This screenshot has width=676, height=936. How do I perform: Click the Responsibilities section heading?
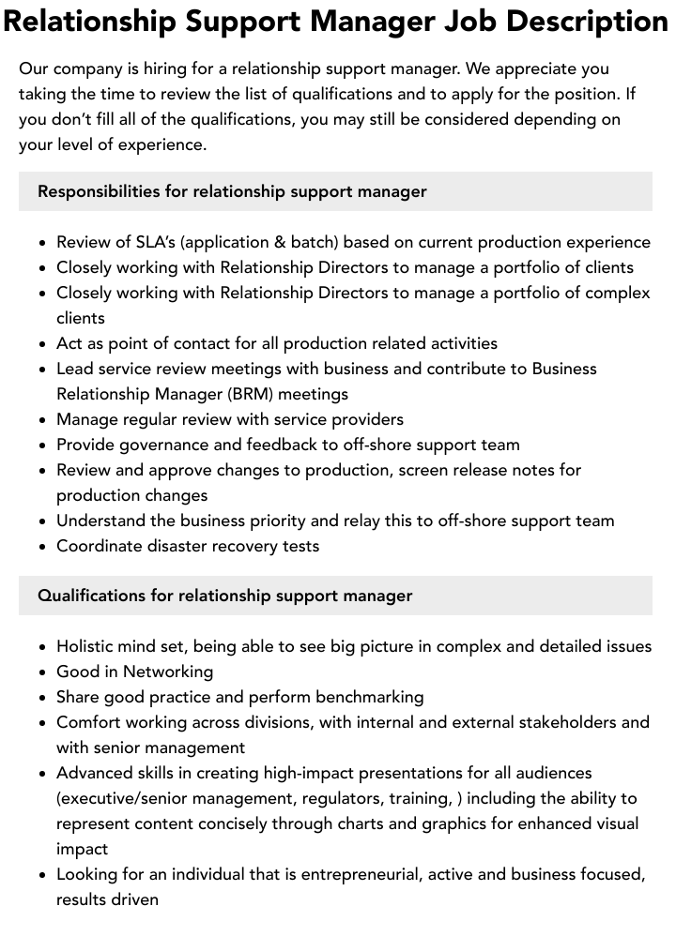pyautogui.click(x=232, y=191)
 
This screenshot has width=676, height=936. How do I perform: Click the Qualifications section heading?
pyautogui.click(x=224, y=596)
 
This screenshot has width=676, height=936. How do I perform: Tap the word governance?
pyautogui.click(x=166, y=445)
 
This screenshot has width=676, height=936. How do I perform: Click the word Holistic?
pyautogui.click(x=88, y=646)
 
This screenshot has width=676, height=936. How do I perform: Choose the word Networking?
pyautogui.click(x=168, y=672)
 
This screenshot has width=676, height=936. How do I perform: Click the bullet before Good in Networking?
pyautogui.click(x=43, y=672)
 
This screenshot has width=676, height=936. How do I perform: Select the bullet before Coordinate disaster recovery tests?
pyautogui.click(x=43, y=547)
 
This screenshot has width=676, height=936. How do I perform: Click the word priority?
pyautogui.click(x=283, y=521)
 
